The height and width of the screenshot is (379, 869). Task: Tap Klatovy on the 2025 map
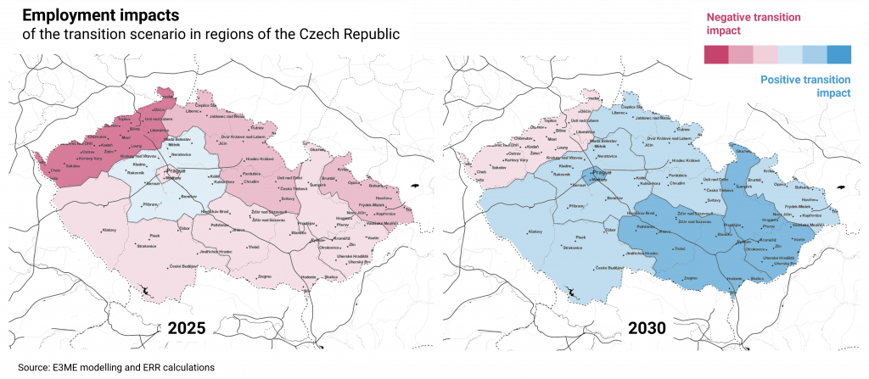(x=109, y=231)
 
